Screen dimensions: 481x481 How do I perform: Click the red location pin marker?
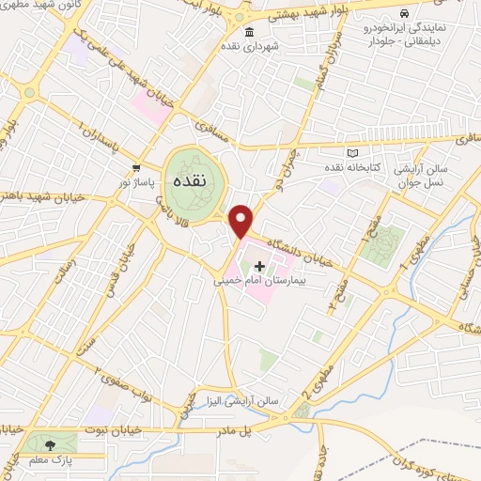(x=241, y=221)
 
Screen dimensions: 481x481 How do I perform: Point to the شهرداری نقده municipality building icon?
(x=249, y=33)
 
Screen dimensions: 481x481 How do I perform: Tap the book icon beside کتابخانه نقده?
(x=353, y=153)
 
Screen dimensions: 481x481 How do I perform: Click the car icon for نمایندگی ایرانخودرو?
(x=403, y=14)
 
